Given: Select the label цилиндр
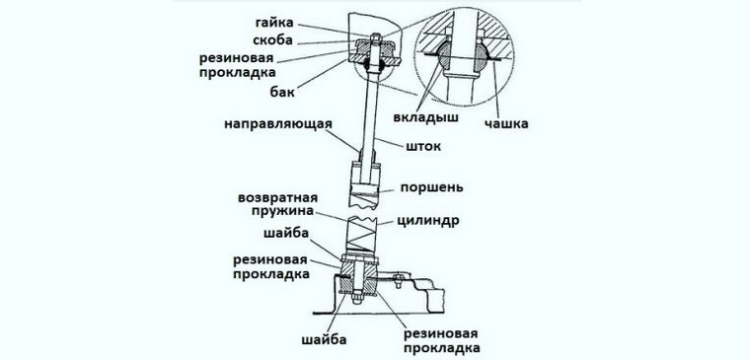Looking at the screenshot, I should click(427, 223).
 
